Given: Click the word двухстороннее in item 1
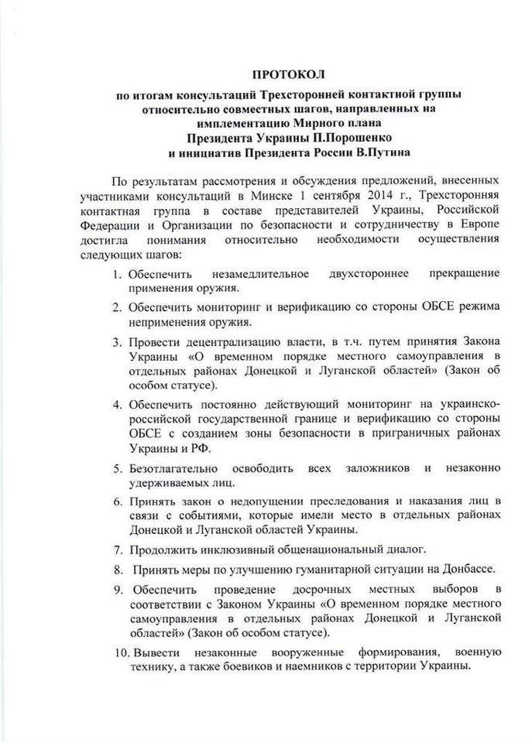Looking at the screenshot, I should click(x=350, y=274).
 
